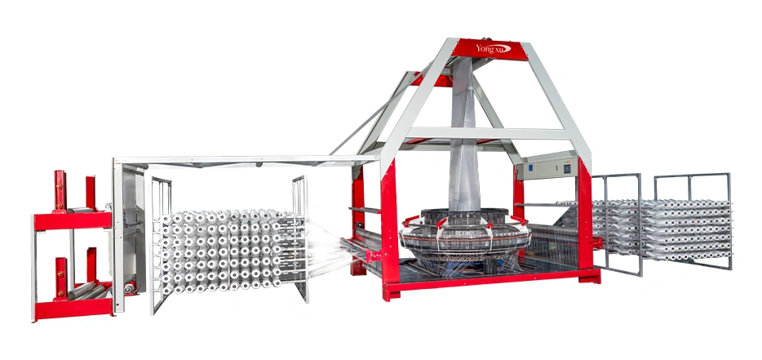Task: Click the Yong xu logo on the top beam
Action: (493, 49)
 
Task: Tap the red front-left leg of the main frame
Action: (390, 229)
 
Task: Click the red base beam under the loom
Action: (490, 282)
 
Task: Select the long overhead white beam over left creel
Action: (245, 159)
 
